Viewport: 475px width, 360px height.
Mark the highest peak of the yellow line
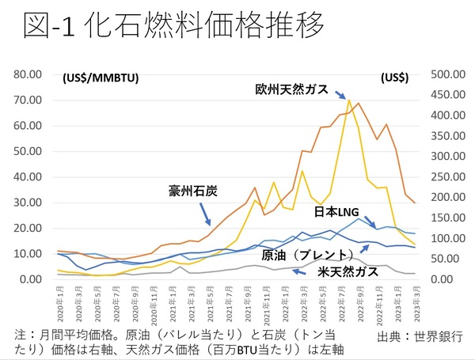348,100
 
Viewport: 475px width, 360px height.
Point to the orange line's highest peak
359,103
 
